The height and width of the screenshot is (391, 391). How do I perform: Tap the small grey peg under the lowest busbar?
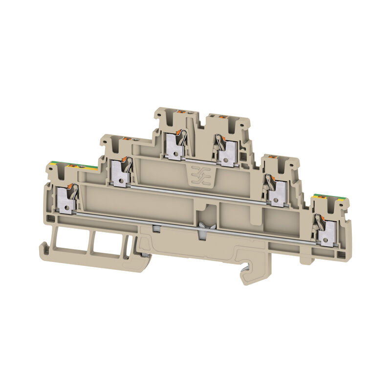155,228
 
